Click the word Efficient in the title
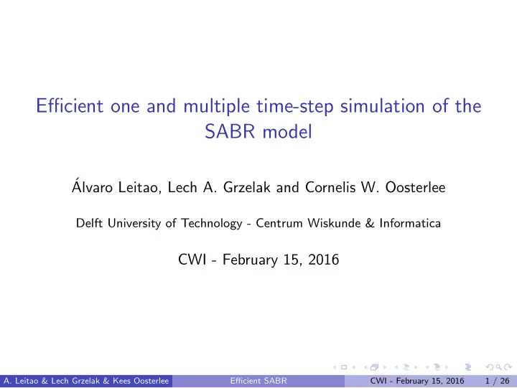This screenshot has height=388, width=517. [x=70, y=106]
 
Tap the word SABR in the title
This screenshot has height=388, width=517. [x=230, y=132]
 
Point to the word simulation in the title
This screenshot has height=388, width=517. [x=382, y=106]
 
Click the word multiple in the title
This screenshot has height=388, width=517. [x=216, y=107]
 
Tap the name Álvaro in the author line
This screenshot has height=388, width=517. [x=92, y=186]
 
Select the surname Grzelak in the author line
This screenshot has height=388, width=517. [x=246, y=187]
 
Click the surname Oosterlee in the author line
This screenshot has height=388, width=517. [x=415, y=187]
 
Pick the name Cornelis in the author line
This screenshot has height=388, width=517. [x=330, y=187]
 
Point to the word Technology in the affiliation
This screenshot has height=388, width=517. [x=212, y=224]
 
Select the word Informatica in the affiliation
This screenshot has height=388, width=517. [x=410, y=223]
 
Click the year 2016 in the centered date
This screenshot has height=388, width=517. [x=323, y=260]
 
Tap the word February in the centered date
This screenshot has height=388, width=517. [x=250, y=260]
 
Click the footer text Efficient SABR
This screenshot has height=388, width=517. [x=258, y=381]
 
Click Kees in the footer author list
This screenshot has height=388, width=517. [x=121, y=381]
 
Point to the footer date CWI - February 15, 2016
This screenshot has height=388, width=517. [x=417, y=381]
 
